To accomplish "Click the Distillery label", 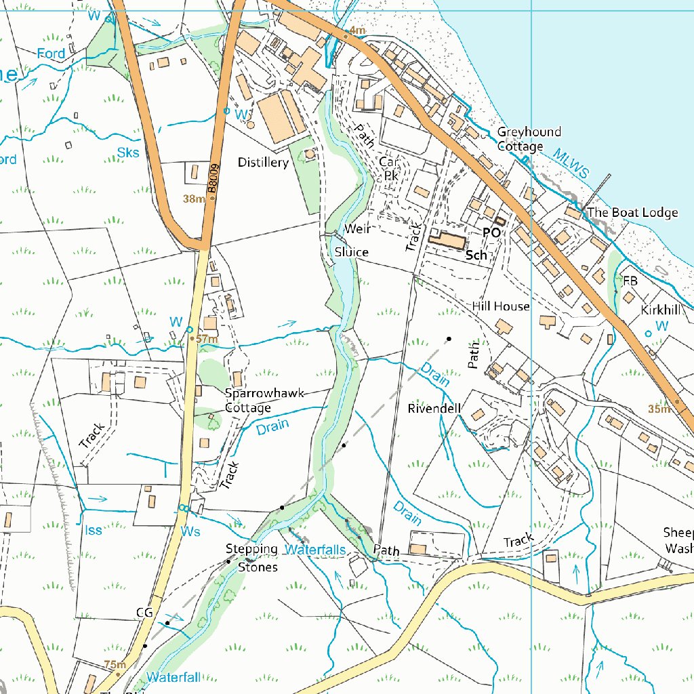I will click(263, 163).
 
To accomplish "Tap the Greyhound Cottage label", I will click(529, 139).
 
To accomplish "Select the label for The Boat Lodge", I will click(632, 213).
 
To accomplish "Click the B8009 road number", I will click(213, 180).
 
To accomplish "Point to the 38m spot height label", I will click(194, 199).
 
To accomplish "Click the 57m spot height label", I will click(207, 339).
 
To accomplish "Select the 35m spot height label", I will click(658, 409).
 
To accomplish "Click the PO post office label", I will click(491, 232).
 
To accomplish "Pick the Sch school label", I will click(476, 256).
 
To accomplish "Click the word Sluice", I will click(351, 252).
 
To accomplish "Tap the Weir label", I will click(357, 229).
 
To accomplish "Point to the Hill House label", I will click(501, 306).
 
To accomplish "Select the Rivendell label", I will click(434, 409).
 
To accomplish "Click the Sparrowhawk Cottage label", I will click(265, 401).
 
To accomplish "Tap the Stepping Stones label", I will click(252, 558).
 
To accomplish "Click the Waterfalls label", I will click(314, 550).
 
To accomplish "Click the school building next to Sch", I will click(448, 241).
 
